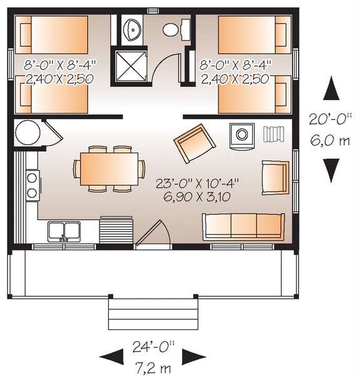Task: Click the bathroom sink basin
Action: tap(132, 29)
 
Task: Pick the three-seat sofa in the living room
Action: tap(242, 224)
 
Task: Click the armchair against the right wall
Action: tap(275, 178)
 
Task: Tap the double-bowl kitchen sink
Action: tap(64, 230)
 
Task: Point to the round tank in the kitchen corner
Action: tap(28, 132)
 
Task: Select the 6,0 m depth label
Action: tap(330, 140)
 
